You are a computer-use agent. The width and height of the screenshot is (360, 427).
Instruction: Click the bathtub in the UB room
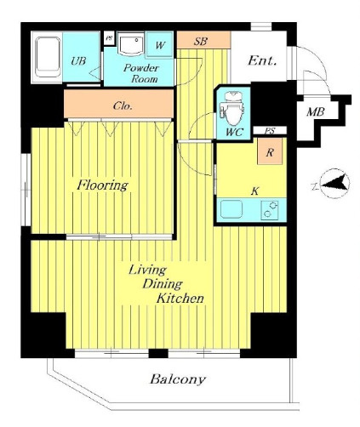[48, 57]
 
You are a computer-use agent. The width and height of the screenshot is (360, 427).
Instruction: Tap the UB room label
[78, 60]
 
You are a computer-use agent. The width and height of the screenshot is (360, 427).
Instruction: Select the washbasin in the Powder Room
[131, 44]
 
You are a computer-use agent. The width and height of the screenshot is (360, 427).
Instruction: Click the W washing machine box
[160, 45]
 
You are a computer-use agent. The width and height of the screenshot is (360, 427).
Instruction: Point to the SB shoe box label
[201, 42]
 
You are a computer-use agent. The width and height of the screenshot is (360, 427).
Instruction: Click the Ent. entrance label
[262, 60]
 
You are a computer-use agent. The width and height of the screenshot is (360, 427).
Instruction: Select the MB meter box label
[316, 112]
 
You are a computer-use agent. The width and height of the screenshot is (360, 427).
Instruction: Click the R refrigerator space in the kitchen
[270, 151]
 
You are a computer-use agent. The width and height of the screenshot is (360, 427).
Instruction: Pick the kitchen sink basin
[231, 209]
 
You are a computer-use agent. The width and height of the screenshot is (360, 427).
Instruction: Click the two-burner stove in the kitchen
[269, 209]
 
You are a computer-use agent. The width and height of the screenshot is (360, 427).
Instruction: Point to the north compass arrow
[334, 183]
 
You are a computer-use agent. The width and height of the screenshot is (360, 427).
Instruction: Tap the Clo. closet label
[123, 106]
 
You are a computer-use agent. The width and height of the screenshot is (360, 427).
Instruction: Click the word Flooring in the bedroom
[103, 185]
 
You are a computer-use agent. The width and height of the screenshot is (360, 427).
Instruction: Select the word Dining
[163, 284]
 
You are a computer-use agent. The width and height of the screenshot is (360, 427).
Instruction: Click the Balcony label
[178, 379]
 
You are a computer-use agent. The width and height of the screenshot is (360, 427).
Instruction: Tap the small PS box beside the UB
[108, 38]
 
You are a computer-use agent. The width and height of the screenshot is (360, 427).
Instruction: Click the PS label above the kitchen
[270, 131]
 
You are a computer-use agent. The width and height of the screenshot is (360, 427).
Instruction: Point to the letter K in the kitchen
[255, 191]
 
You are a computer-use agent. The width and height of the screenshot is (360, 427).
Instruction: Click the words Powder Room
[141, 73]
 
